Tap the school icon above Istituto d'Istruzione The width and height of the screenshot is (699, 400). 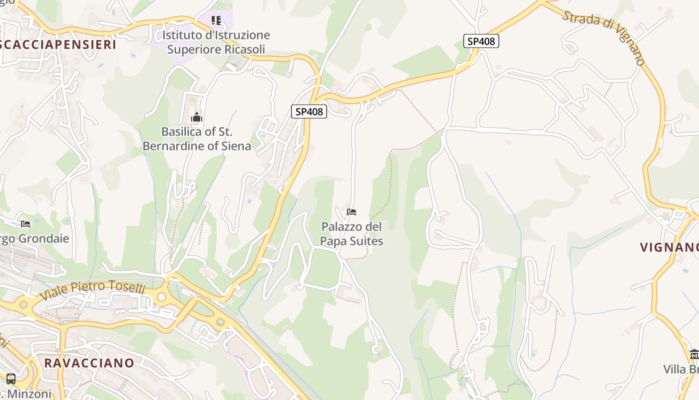click(216, 20)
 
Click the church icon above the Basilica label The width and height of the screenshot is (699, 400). click(197, 117)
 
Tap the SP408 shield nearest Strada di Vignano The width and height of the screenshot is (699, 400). click(481, 41)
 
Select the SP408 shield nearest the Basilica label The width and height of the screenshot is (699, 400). click(309, 111)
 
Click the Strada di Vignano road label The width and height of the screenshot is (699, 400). click(604, 37)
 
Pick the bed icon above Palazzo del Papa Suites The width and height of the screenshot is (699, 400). click(351, 212)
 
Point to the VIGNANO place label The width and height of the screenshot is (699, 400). click(669, 247)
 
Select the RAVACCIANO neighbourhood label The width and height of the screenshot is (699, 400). click(89, 363)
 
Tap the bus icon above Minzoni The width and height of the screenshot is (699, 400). click(11, 378)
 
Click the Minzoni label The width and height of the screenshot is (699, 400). click(30, 394)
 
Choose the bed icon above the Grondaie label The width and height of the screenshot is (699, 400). click(25, 223)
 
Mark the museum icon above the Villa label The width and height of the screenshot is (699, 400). click(694, 354)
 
